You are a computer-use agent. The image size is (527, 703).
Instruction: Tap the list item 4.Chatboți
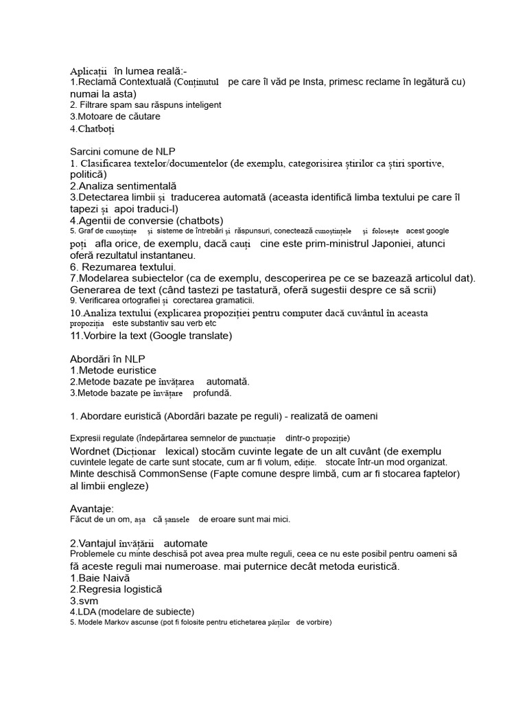pyautogui.click(x=93, y=128)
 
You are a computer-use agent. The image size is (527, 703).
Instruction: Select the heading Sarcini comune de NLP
pyautogui.click(x=127, y=151)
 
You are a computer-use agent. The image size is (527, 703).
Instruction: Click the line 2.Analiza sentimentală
pyautogui.click(x=124, y=186)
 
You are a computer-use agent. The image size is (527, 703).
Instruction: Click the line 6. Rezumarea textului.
pyautogui.click(x=124, y=266)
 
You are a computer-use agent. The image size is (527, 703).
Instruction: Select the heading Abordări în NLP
pyautogui.click(x=108, y=359)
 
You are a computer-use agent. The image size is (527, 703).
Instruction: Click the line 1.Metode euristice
pyautogui.click(x=113, y=371)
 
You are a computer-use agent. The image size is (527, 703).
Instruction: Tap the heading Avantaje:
pyautogui.click(x=92, y=509)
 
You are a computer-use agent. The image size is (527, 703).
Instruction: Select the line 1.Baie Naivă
pyautogui.click(x=100, y=578)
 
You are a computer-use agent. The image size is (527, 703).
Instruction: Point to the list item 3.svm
pyautogui.click(x=84, y=601)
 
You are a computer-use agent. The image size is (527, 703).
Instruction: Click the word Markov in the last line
pyautogui.click(x=124, y=623)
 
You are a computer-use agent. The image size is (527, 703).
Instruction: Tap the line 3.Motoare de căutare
pyautogui.click(x=115, y=117)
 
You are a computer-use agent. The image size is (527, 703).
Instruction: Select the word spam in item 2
pyautogui.click(x=128, y=105)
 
